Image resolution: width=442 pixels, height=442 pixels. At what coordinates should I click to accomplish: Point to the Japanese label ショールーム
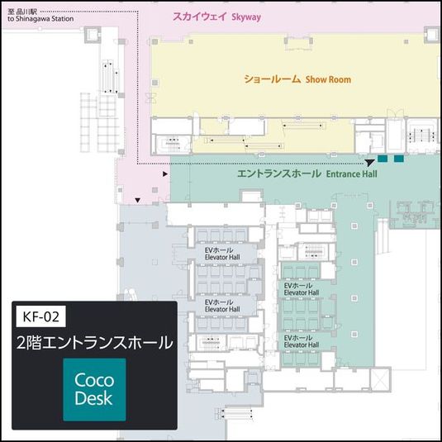pos(272,80)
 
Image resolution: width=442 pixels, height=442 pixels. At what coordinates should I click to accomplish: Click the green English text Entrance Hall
pos(351,174)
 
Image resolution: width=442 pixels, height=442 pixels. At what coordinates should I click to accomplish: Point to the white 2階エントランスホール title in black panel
pos(94,341)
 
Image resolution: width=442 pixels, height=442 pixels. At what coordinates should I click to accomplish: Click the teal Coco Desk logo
pos(94,389)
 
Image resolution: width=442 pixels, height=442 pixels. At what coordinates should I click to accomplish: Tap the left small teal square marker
pos(383,158)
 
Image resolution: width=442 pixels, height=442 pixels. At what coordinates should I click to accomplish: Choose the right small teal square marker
pos(399,158)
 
